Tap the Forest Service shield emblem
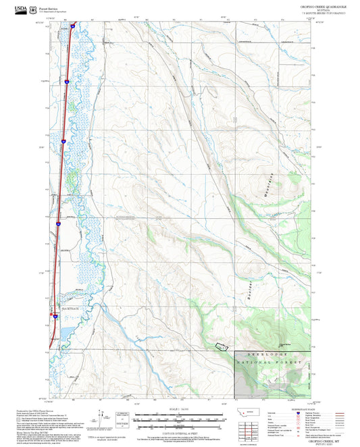pos(32,9)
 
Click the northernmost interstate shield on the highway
pos(72,25)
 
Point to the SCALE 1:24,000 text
pos(180,409)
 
